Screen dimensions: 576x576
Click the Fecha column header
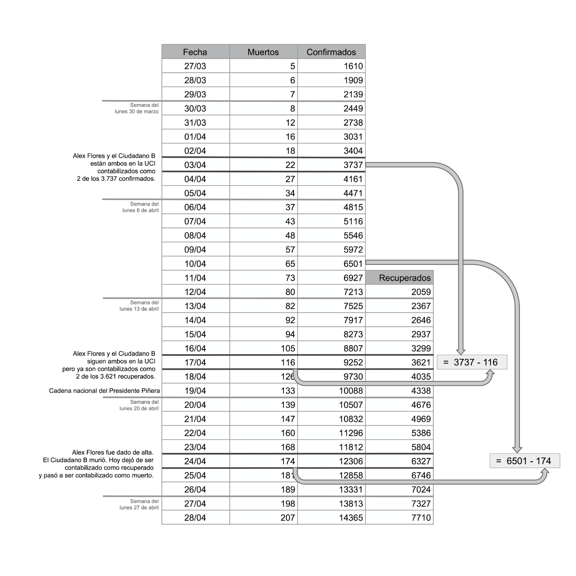pyautogui.click(x=195, y=52)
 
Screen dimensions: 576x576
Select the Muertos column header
pyautogui.click(x=263, y=52)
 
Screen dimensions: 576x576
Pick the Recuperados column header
pyautogui.click(x=405, y=278)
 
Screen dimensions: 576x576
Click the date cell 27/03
pyautogui.click(x=195, y=66)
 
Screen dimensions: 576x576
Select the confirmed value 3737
pyautogui.click(x=353, y=165)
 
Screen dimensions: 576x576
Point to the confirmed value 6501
pyautogui.click(x=353, y=264)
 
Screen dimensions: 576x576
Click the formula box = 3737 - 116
pyautogui.click(x=472, y=362)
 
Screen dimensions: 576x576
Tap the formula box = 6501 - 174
pyautogui.click(x=524, y=461)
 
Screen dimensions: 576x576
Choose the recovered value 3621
pyautogui.click(x=421, y=362)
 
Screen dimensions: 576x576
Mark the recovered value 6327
pyautogui.click(x=421, y=461)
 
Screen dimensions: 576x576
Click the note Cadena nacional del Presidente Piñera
pyautogui.click(x=104, y=390)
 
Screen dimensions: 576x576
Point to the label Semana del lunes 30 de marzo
pyautogui.click(x=137, y=108)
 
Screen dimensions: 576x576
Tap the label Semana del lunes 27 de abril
pyautogui.click(x=139, y=505)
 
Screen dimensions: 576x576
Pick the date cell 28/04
pyautogui.click(x=195, y=518)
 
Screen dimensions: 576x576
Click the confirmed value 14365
pyautogui.click(x=351, y=518)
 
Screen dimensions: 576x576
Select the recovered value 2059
pyautogui.click(x=421, y=292)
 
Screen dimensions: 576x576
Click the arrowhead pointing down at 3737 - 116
pyautogui.click(x=461, y=352)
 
